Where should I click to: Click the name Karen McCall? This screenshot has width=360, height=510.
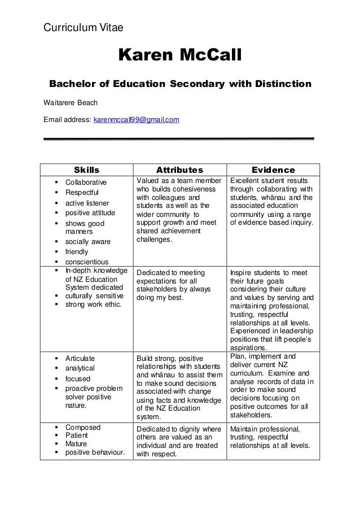click(x=179, y=55)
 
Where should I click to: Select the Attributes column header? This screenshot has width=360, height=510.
click(x=179, y=169)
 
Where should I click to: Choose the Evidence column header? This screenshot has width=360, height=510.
click(x=273, y=169)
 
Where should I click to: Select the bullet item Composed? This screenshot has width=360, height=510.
click(x=82, y=427)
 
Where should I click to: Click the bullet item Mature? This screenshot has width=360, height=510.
click(x=77, y=444)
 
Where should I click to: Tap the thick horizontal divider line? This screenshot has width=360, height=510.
click(x=179, y=138)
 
